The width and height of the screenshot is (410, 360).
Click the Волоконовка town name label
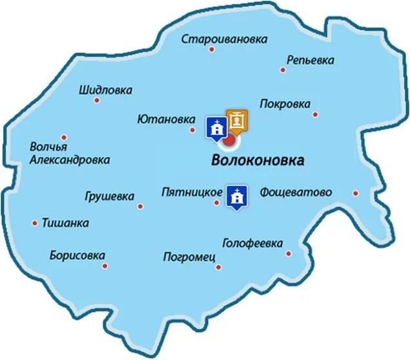pos(258,161)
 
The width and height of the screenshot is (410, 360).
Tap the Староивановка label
pos(224,39)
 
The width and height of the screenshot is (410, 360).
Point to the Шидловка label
pos(105,90)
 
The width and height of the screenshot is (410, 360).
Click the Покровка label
pos(285,104)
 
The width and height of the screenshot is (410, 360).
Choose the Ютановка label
pos(167,120)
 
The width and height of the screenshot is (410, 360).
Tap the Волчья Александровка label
pos(70,153)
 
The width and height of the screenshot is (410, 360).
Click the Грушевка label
pos(110,196)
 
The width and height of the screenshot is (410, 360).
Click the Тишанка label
pos(65,223)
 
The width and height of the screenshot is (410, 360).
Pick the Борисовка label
pos(77,255)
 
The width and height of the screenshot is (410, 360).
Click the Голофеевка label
pos(252,243)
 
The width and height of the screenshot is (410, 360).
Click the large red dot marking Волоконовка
pos(229,139)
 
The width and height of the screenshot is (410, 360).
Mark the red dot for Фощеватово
pos(355,193)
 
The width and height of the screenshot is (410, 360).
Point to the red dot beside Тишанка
pos(35,223)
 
